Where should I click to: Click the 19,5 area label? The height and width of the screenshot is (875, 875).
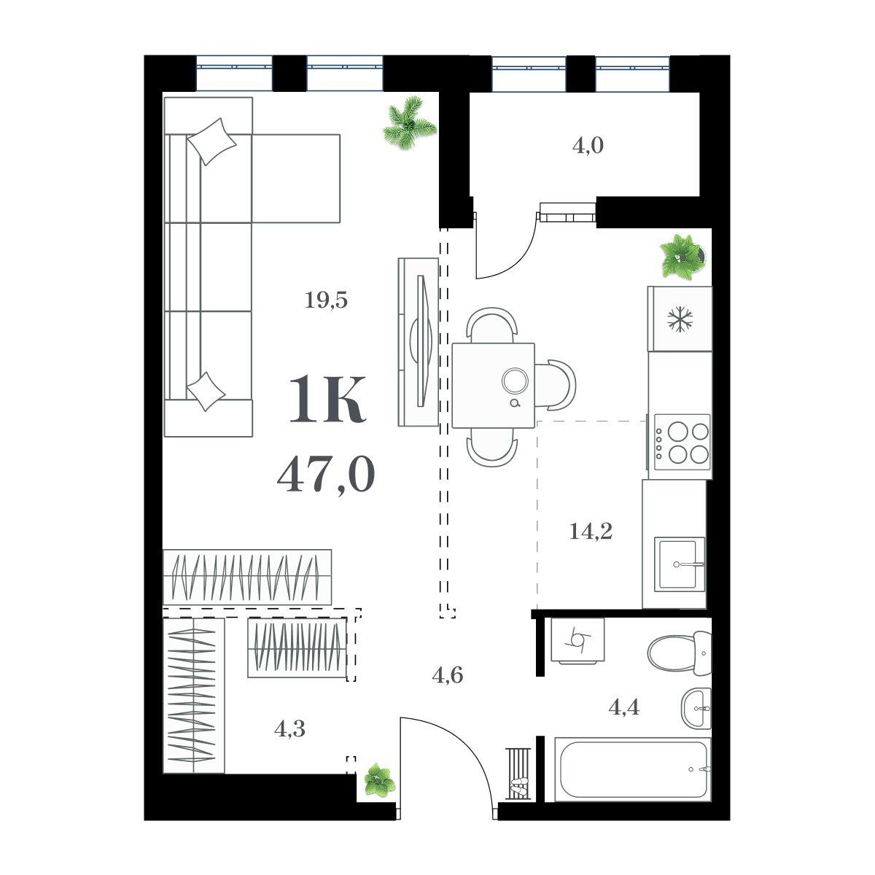(325, 300)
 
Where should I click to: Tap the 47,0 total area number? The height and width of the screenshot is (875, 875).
(325, 475)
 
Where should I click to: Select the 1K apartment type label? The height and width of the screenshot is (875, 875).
(327, 400)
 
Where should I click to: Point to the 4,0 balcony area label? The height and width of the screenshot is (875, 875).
(588, 146)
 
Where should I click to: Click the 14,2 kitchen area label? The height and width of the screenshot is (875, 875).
(591, 531)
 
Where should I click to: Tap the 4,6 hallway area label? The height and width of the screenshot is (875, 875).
(447, 676)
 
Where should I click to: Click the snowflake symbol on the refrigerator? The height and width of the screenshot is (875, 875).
(680, 319)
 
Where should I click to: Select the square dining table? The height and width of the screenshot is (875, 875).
(493, 386)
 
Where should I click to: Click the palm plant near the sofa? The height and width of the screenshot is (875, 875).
(410, 122)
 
